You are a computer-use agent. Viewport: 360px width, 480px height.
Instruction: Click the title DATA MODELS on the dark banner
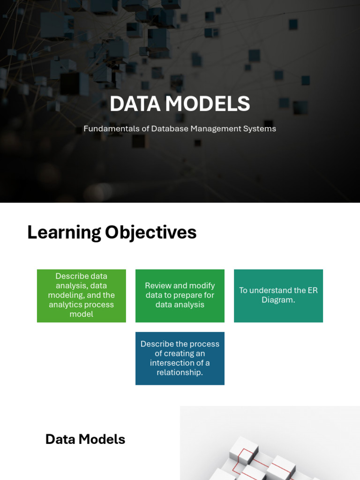[180, 104]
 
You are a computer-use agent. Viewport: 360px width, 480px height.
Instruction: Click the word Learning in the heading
[64, 232]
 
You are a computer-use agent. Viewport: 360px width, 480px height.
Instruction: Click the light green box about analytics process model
[81, 296]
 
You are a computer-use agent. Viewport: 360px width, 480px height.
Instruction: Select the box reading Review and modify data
[180, 296]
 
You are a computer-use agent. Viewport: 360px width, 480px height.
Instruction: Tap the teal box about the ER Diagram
[278, 296]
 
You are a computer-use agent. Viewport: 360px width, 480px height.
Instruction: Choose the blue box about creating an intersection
[180, 359]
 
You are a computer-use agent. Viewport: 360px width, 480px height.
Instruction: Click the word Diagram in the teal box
[278, 300]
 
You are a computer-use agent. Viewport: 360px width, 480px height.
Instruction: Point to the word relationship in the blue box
[180, 373]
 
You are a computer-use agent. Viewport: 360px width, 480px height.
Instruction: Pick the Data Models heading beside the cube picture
[85, 439]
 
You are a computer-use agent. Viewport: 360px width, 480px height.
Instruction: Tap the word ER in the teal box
[312, 290]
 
